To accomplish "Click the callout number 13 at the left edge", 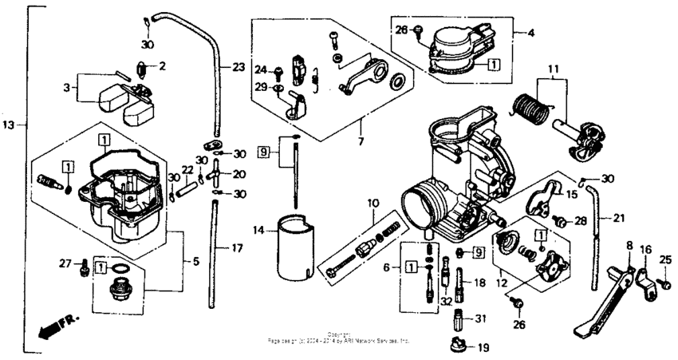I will click(x=8, y=125).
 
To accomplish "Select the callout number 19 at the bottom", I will click(x=483, y=349).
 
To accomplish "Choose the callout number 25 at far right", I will click(x=666, y=259).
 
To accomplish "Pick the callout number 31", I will click(x=479, y=319).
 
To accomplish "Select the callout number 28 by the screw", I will click(x=580, y=220).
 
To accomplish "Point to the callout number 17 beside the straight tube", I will click(x=237, y=248).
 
